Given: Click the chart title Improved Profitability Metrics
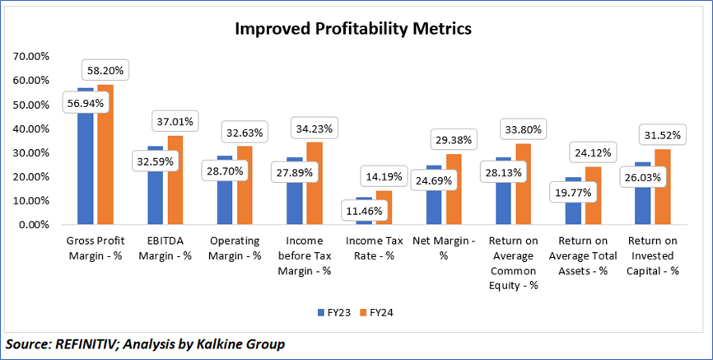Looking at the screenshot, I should click(353, 29).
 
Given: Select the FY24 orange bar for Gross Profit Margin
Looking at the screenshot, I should click(105, 157).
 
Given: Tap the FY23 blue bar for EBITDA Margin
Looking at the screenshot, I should click(155, 198).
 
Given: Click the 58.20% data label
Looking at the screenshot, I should click(104, 71).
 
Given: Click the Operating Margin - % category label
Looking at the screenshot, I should click(235, 248).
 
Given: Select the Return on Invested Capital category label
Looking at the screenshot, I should click(653, 255).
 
